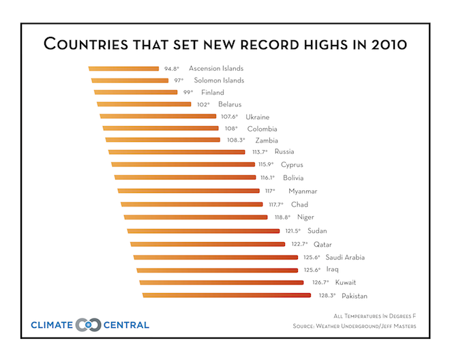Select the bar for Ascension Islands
(x=123, y=69)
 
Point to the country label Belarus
(x=230, y=104)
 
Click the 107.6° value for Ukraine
(x=230, y=117)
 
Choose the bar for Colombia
(x=160, y=128)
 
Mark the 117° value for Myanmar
(x=270, y=191)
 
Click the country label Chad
(x=299, y=204)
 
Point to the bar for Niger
(x=196, y=217)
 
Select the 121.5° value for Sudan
(x=293, y=230)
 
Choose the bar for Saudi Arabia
(x=215, y=257)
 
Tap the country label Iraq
(x=333, y=269)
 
